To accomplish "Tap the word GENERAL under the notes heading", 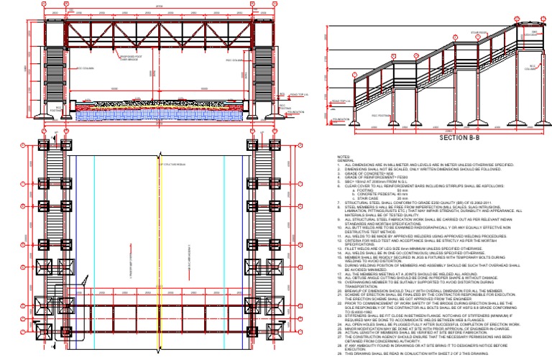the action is [x=346, y=160].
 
